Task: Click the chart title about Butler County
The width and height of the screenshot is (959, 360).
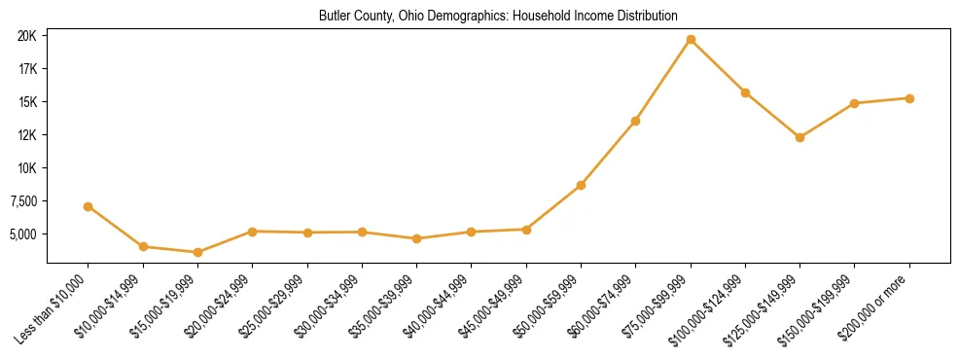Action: (498, 17)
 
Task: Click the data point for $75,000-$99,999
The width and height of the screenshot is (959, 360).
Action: (691, 40)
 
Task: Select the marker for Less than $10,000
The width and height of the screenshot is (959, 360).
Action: (89, 206)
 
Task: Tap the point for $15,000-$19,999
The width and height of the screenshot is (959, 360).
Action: (197, 252)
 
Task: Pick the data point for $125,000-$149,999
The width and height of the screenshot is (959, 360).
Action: (799, 137)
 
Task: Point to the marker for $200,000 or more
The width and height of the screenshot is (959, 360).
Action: (909, 98)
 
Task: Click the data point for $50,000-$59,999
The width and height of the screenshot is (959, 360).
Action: (581, 185)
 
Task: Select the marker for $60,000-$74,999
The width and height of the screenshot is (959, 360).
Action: (635, 121)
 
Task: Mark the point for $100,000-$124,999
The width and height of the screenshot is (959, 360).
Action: (745, 92)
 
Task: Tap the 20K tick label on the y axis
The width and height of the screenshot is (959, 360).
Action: (27, 36)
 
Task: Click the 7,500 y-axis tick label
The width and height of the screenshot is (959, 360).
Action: (22, 201)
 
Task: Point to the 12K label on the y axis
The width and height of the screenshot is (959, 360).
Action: (27, 135)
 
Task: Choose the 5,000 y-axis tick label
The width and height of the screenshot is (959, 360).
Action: (22, 234)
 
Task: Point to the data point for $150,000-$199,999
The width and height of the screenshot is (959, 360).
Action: (854, 103)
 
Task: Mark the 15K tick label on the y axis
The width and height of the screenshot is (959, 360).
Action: (27, 102)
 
